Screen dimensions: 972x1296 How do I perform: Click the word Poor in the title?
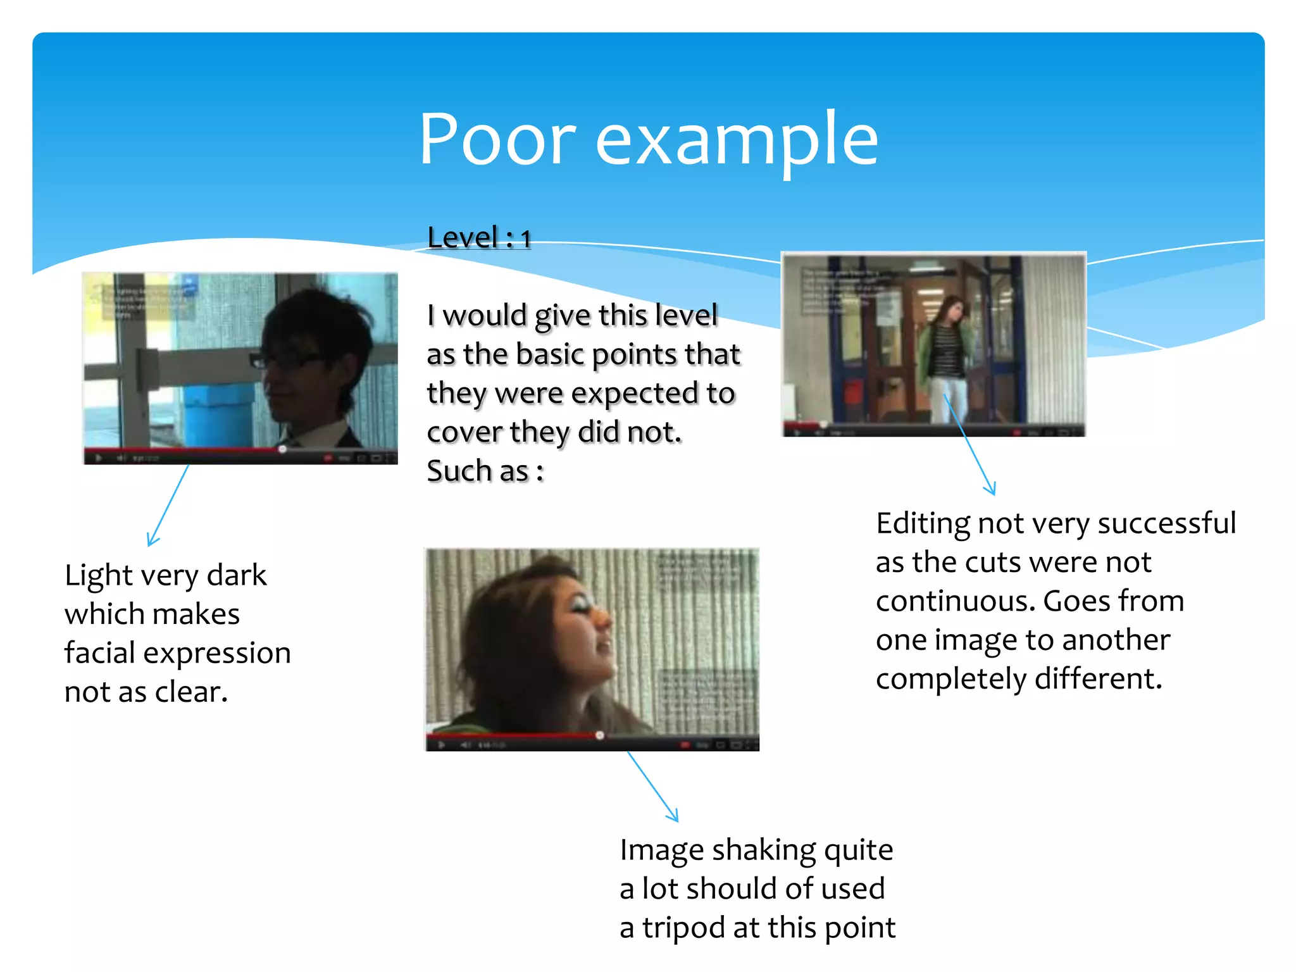[497, 139]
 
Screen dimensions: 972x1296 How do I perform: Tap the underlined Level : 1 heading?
[478, 238]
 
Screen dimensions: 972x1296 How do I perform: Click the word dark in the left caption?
[237, 575]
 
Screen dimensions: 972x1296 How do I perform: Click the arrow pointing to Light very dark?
[168, 506]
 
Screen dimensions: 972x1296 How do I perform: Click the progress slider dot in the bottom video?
[599, 735]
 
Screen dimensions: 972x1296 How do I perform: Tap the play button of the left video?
[99, 458]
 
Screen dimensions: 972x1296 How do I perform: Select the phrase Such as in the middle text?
[477, 471]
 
